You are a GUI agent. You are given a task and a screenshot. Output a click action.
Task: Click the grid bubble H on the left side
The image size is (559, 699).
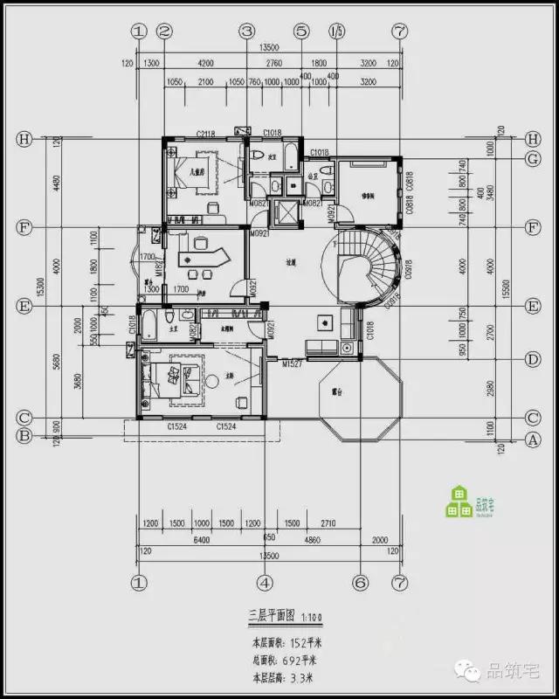(x=24, y=140)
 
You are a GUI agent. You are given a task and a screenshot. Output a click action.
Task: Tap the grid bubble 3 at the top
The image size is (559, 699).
(x=247, y=31)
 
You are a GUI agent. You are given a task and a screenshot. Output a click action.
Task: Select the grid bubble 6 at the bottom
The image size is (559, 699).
(x=358, y=582)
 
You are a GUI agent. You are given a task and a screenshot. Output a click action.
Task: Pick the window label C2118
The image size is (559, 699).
(x=206, y=133)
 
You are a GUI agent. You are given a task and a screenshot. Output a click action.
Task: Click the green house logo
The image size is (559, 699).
(x=458, y=501)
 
